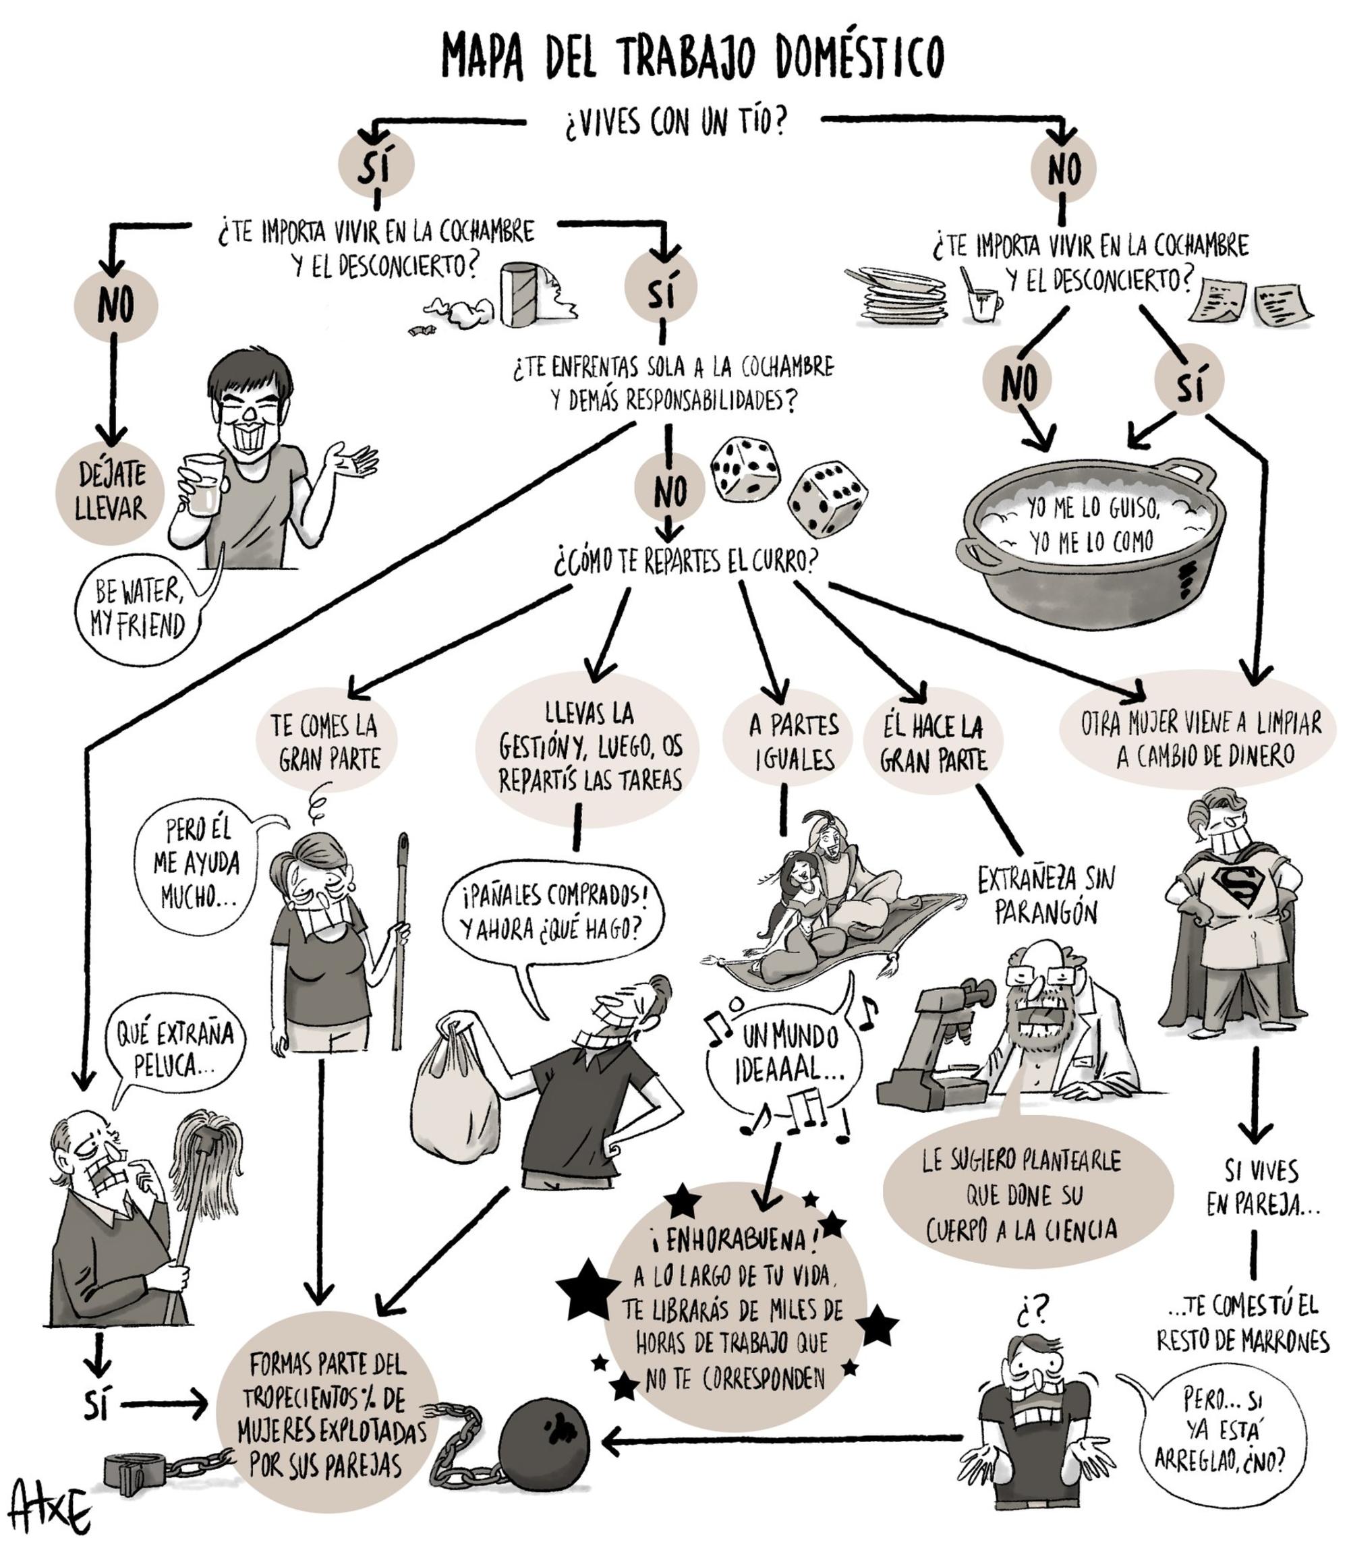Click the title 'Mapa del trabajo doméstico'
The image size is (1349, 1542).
(692, 57)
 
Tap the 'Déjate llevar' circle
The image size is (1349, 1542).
(111, 492)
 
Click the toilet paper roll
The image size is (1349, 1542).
(520, 295)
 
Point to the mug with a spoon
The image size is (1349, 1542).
(985, 299)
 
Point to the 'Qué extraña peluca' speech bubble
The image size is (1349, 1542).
(173, 1048)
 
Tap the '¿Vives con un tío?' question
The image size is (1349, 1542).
(674, 122)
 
